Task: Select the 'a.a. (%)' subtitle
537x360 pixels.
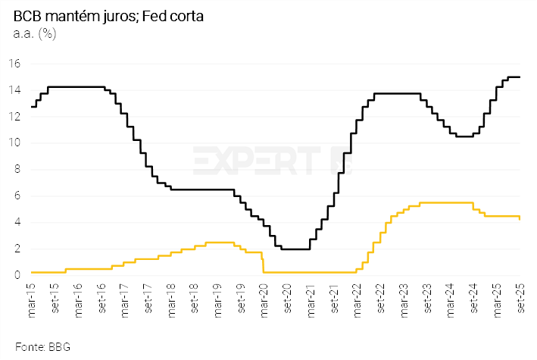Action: tap(35, 33)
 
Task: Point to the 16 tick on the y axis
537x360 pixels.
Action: tap(14, 64)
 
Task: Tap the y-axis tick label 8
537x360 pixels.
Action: tap(17, 170)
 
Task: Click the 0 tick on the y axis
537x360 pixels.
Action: tap(17, 276)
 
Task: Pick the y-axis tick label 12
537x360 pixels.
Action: tap(14, 117)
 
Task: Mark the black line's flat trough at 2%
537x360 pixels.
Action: tap(295, 249)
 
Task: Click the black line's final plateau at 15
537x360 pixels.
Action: tap(514, 77)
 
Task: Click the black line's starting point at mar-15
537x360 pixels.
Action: tap(31, 107)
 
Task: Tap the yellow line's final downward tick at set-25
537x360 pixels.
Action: tap(520, 218)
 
